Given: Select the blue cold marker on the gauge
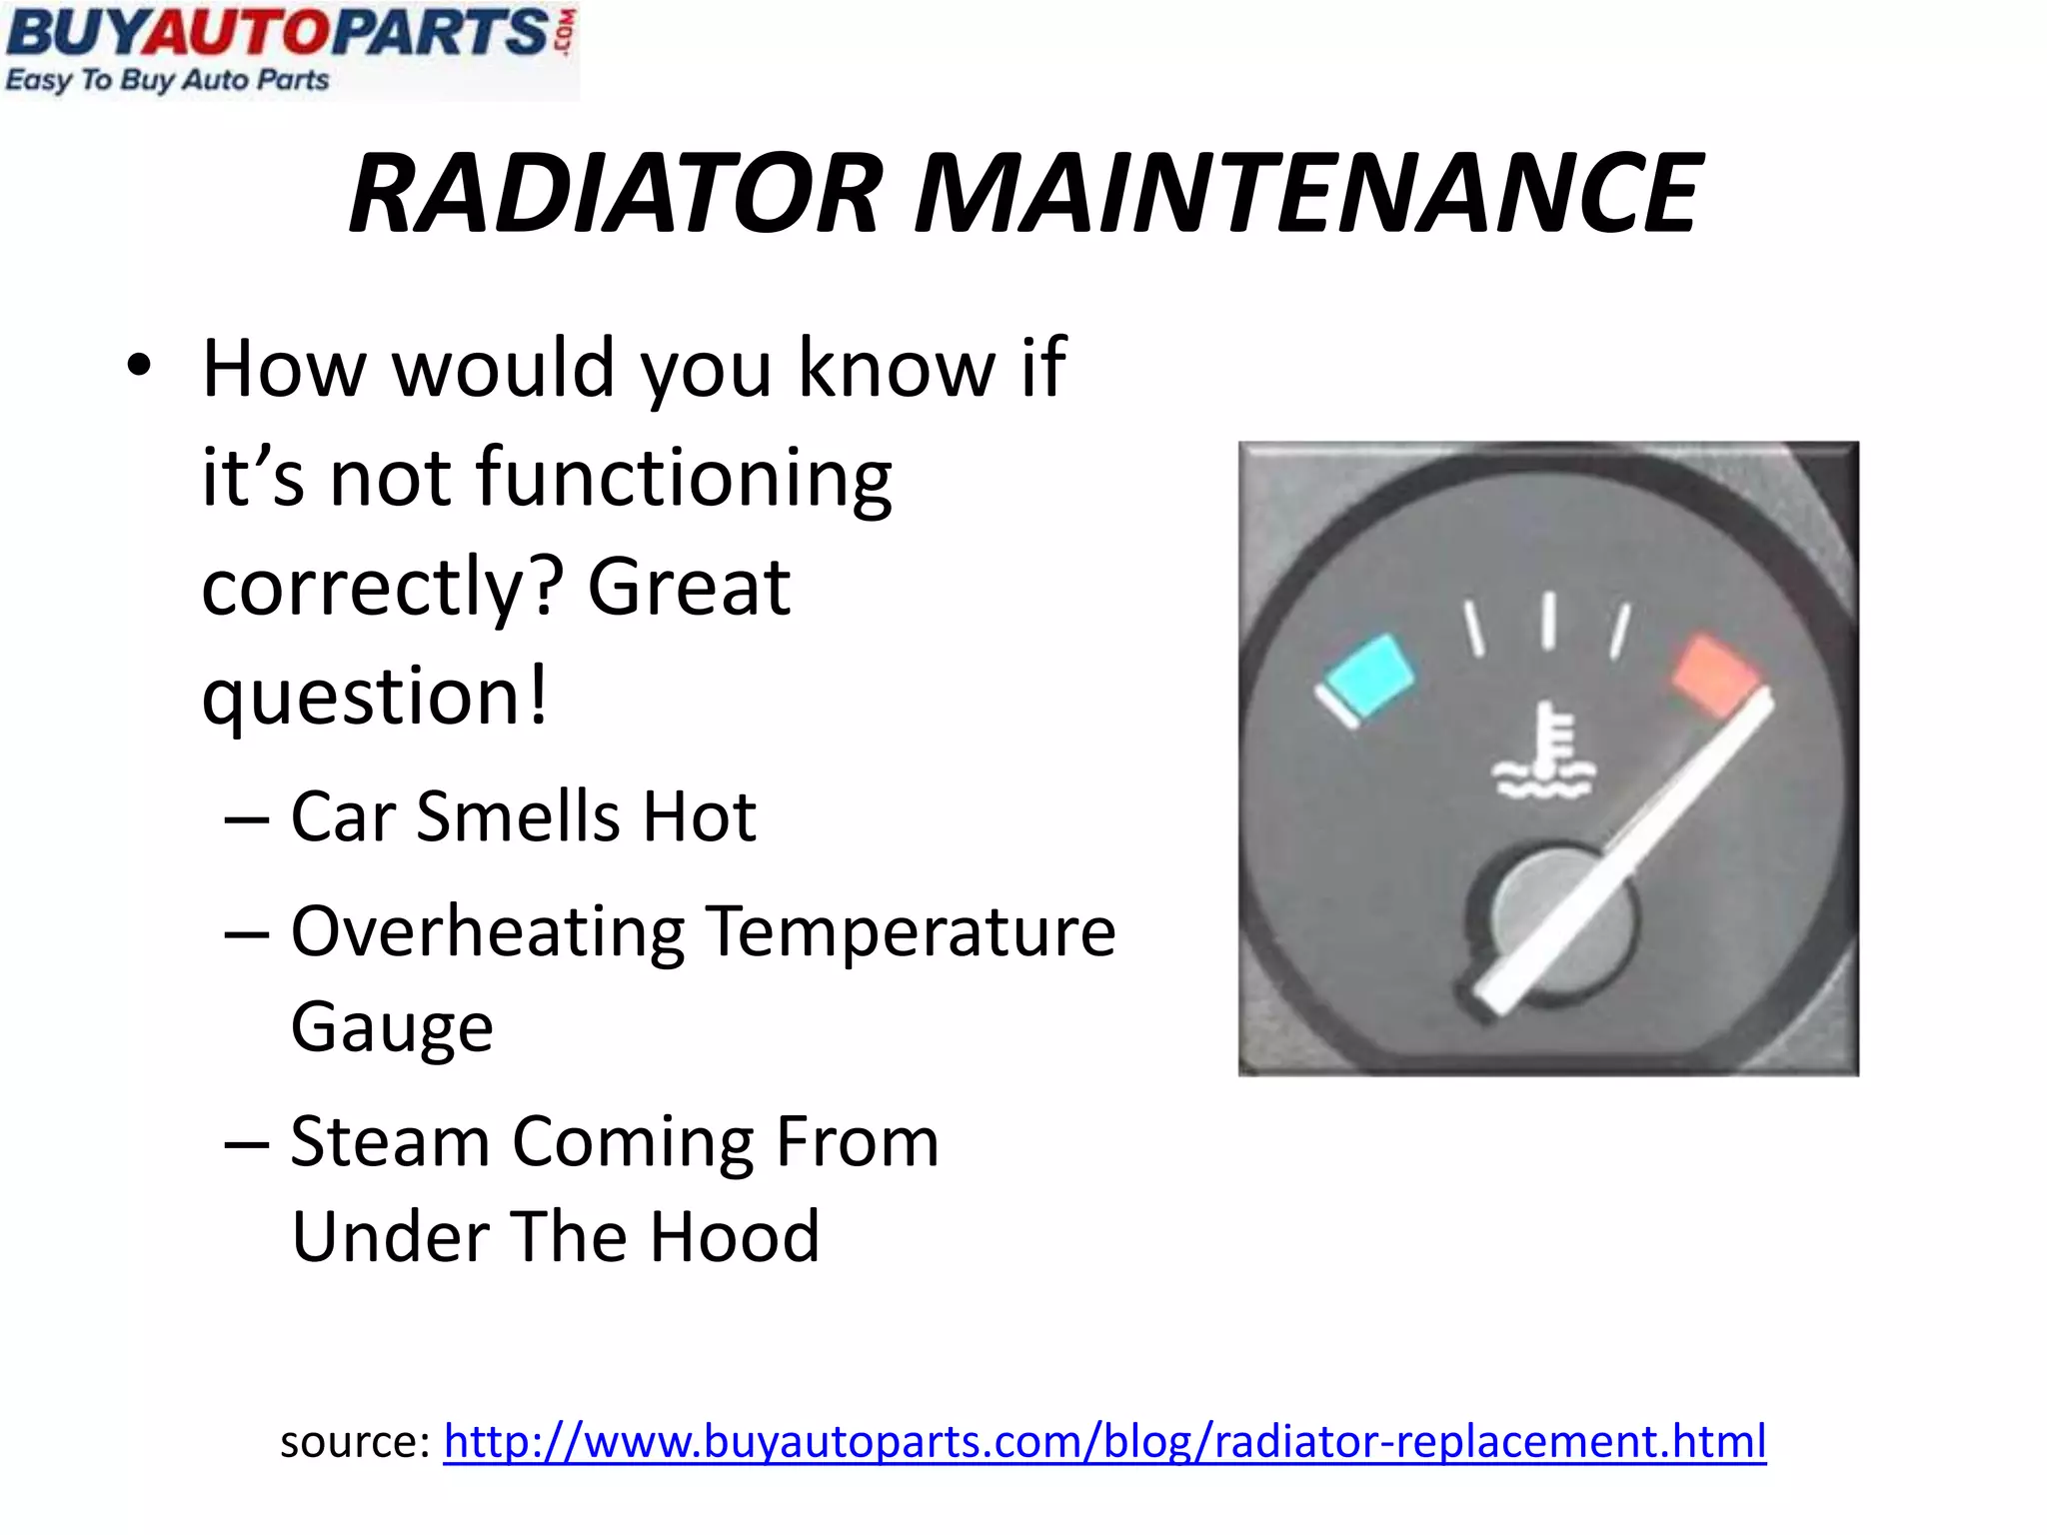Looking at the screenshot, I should (x=1367, y=676).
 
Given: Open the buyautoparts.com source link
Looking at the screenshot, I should (x=1104, y=1441).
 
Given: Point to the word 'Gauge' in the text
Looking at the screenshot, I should (x=392, y=1028).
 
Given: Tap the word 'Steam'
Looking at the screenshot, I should (x=391, y=1141).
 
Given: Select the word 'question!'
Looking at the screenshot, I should (x=376, y=697).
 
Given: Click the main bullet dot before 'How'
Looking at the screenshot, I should (x=140, y=366).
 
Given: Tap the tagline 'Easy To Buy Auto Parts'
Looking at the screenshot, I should (x=167, y=80).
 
